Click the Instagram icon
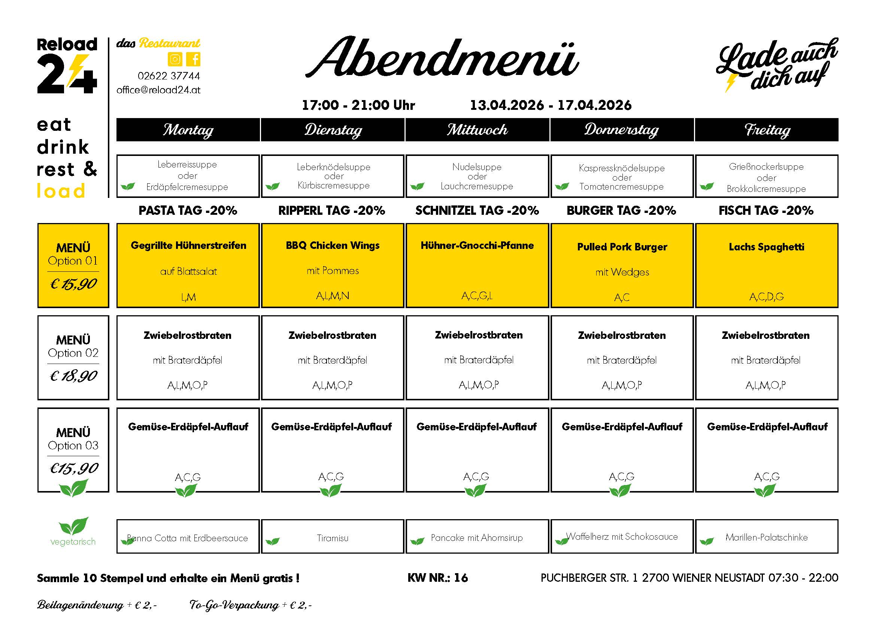pyautogui.click(x=175, y=59)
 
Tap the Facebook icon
pyautogui.click(x=194, y=59)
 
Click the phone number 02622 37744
pyautogui.click(x=169, y=76)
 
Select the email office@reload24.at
pyautogui.click(x=158, y=90)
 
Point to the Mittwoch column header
pyautogui.click(x=477, y=130)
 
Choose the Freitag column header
pyautogui.click(x=767, y=130)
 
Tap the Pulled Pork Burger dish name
pyautogui.click(x=622, y=247)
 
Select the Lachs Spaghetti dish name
pyautogui.click(x=767, y=247)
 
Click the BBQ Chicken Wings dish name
pyautogui.click(x=333, y=246)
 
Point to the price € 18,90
pyautogui.click(x=73, y=376)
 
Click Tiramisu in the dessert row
pyautogui.click(x=333, y=538)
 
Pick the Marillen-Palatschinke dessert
pyautogui.click(x=767, y=538)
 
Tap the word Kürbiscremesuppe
pyautogui.click(x=333, y=186)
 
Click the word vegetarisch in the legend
pyautogui.click(x=73, y=542)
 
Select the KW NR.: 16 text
pyautogui.click(x=437, y=578)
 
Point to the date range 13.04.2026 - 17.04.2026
pyautogui.click(x=551, y=105)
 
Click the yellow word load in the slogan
pyautogui.click(x=61, y=191)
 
